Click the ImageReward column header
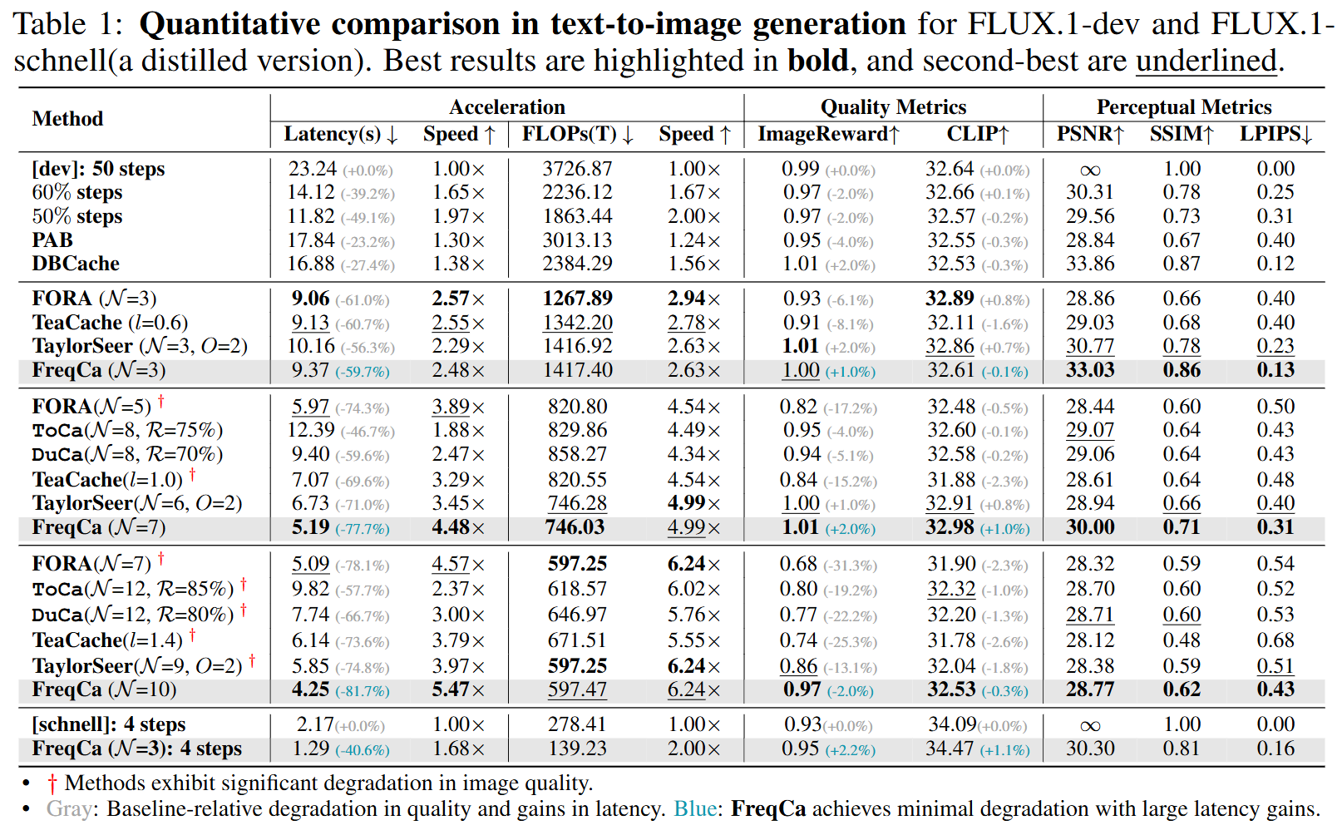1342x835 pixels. click(828, 134)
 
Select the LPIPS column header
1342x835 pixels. click(1275, 134)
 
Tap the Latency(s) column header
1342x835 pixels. click(341, 134)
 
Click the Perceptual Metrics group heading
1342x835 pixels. click(1183, 107)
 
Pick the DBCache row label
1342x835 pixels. click(76, 264)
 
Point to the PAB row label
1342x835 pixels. click(52, 240)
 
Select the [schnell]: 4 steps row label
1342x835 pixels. click(109, 724)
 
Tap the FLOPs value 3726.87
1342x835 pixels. click(577, 169)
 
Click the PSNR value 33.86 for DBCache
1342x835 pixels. click(1089, 264)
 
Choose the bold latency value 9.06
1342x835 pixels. click(310, 299)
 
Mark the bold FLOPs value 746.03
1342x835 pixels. click(575, 527)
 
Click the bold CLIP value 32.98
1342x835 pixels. click(950, 527)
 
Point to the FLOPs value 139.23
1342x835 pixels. click(577, 749)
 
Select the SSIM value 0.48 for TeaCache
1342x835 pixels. click(1182, 640)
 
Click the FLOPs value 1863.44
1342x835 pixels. click(577, 216)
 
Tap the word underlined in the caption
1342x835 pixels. click(1206, 62)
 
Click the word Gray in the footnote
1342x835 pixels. click(69, 809)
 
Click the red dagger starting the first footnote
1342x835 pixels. click(52, 783)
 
